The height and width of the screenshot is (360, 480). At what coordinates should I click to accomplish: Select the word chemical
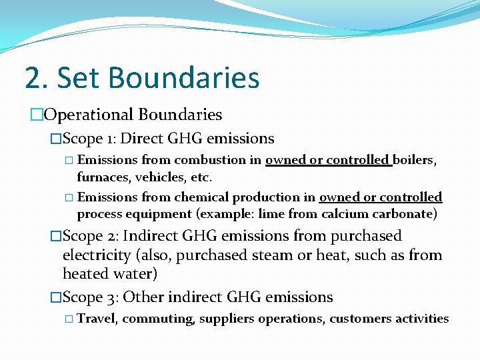(199, 197)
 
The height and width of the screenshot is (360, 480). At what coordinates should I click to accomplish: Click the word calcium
(345, 214)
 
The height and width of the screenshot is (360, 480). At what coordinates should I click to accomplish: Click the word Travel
(97, 319)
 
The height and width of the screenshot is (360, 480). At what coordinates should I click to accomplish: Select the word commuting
(158, 319)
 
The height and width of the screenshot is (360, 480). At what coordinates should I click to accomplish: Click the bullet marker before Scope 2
(56, 236)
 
